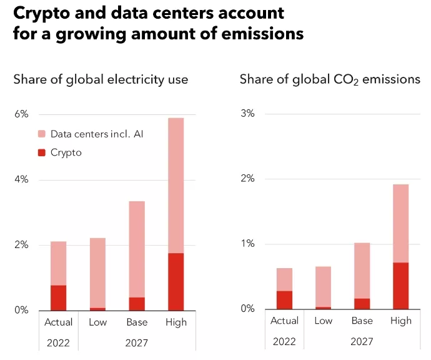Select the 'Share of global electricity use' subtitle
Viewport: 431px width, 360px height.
pyautogui.click(x=101, y=79)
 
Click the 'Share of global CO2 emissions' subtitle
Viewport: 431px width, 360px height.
pyautogui.click(x=330, y=79)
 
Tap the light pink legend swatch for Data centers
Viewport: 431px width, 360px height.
pyautogui.click(x=42, y=134)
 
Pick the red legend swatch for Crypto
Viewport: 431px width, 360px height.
pyautogui.click(x=42, y=152)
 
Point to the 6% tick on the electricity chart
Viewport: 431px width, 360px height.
pyautogui.click(x=22, y=114)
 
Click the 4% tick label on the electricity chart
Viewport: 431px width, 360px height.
pyautogui.click(x=22, y=180)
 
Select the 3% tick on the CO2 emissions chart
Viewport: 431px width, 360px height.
pyautogui.click(x=248, y=114)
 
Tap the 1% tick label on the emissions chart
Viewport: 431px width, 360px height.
pyautogui.click(x=248, y=244)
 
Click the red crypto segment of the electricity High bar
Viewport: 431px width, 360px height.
pyautogui.click(x=176, y=281)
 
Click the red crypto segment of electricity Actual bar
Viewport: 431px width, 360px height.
pyautogui.click(x=59, y=297)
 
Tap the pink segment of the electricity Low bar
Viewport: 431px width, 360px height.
pyautogui.click(x=97, y=272)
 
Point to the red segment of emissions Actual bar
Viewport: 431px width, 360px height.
pyautogui.click(x=284, y=300)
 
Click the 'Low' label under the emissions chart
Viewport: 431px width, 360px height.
pyautogui.click(x=323, y=321)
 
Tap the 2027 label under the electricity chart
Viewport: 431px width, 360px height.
pyautogui.click(x=137, y=342)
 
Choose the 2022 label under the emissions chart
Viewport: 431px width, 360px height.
pyautogui.click(x=284, y=341)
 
